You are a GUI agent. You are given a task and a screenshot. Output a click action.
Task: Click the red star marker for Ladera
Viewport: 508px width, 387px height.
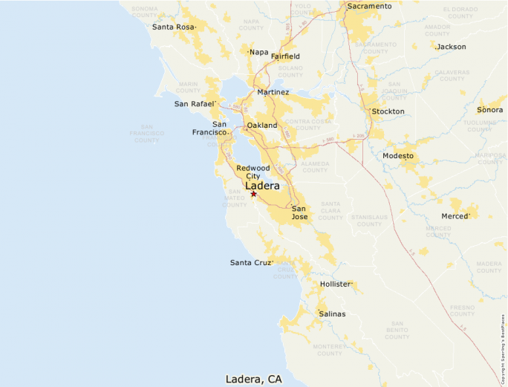click(253, 194)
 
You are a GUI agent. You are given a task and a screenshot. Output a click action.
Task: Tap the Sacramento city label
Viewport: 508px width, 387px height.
click(369, 6)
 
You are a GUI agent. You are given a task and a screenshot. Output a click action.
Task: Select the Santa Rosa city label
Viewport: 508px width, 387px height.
click(174, 27)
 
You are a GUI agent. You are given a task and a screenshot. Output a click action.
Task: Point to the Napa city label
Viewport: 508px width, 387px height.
click(259, 52)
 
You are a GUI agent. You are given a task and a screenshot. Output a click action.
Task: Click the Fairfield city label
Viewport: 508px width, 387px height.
click(285, 56)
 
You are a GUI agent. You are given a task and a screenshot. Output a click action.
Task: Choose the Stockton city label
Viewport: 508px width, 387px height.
click(388, 111)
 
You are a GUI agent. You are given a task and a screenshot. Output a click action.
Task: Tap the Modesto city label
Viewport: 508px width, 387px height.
click(399, 156)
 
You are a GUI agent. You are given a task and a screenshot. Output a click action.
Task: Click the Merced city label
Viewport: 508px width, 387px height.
click(455, 216)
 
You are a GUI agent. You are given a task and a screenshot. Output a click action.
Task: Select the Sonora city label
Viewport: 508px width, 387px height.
click(489, 109)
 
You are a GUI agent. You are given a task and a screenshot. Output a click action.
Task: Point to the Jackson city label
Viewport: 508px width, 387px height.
click(452, 47)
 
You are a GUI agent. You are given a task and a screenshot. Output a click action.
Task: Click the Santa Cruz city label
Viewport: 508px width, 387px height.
click(251, 263)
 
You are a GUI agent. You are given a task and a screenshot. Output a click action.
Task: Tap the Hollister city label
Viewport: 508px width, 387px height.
click(335, 284)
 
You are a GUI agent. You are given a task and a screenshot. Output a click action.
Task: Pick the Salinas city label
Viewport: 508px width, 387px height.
click(332, 313)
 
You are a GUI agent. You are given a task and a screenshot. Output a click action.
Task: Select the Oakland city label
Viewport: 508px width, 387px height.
click(262, 126)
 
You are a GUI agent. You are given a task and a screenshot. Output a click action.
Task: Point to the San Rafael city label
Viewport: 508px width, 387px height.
click(195, 104)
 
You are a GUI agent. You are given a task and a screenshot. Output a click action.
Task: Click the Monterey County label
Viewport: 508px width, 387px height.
click(329, 349)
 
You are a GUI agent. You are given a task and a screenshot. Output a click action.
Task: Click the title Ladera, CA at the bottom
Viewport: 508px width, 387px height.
click(254, 379)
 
